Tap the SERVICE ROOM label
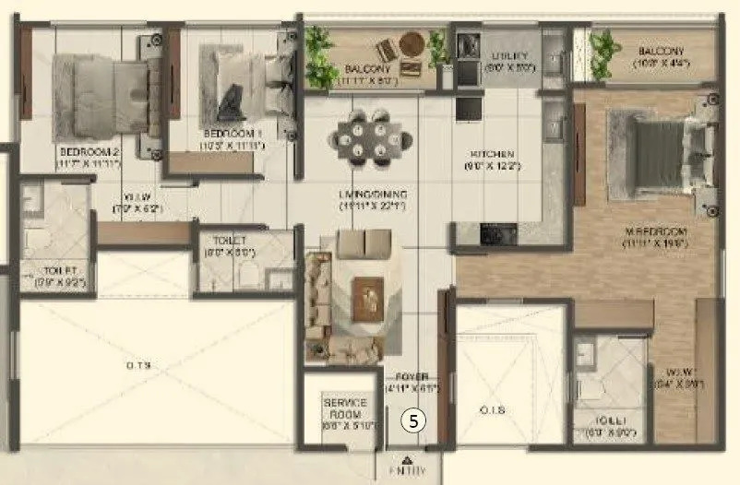[x=346, y=403]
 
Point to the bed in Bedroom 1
[x=240, y=83]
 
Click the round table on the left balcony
[x=412, y=43]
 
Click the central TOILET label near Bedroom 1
[x=217, y=238]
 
